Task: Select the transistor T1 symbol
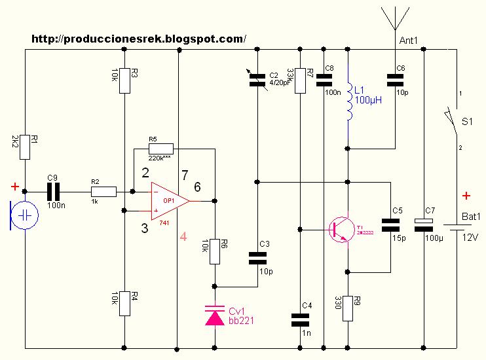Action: pos(341,230)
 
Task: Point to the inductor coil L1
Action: pos(348,102)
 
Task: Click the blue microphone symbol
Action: pos(25,215)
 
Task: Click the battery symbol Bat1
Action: pos(454,226)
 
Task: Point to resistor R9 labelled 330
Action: pos(348,306)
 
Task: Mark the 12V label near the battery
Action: pos(470,238)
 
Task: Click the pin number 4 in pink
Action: pos(183,238)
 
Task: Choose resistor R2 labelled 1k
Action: pos(103,191)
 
